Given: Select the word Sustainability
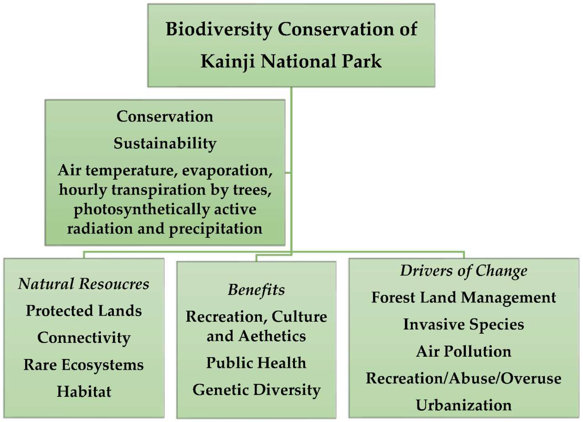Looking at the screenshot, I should [x=165, y=143].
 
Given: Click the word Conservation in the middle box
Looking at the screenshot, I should [x=165, y=116].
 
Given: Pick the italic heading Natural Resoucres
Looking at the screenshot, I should [x=84, y=284].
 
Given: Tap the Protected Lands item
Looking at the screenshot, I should [x=84, y=311].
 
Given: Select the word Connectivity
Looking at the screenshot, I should [x=84, y=338].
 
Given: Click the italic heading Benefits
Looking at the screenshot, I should [x=256, y=290].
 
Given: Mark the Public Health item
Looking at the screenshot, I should [x=256, y=363].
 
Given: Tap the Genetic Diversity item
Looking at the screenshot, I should [x=256, y=390].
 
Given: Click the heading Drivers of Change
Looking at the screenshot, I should [x=464, y=271].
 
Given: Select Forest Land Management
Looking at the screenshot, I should [x=464, y=298].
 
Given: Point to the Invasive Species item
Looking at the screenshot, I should [x=464, y=324].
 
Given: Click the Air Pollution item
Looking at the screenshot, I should [x=464, y=351].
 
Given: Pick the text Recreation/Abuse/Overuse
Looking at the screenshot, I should [x=464, y=378].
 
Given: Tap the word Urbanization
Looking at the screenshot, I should [x=464, y=405].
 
